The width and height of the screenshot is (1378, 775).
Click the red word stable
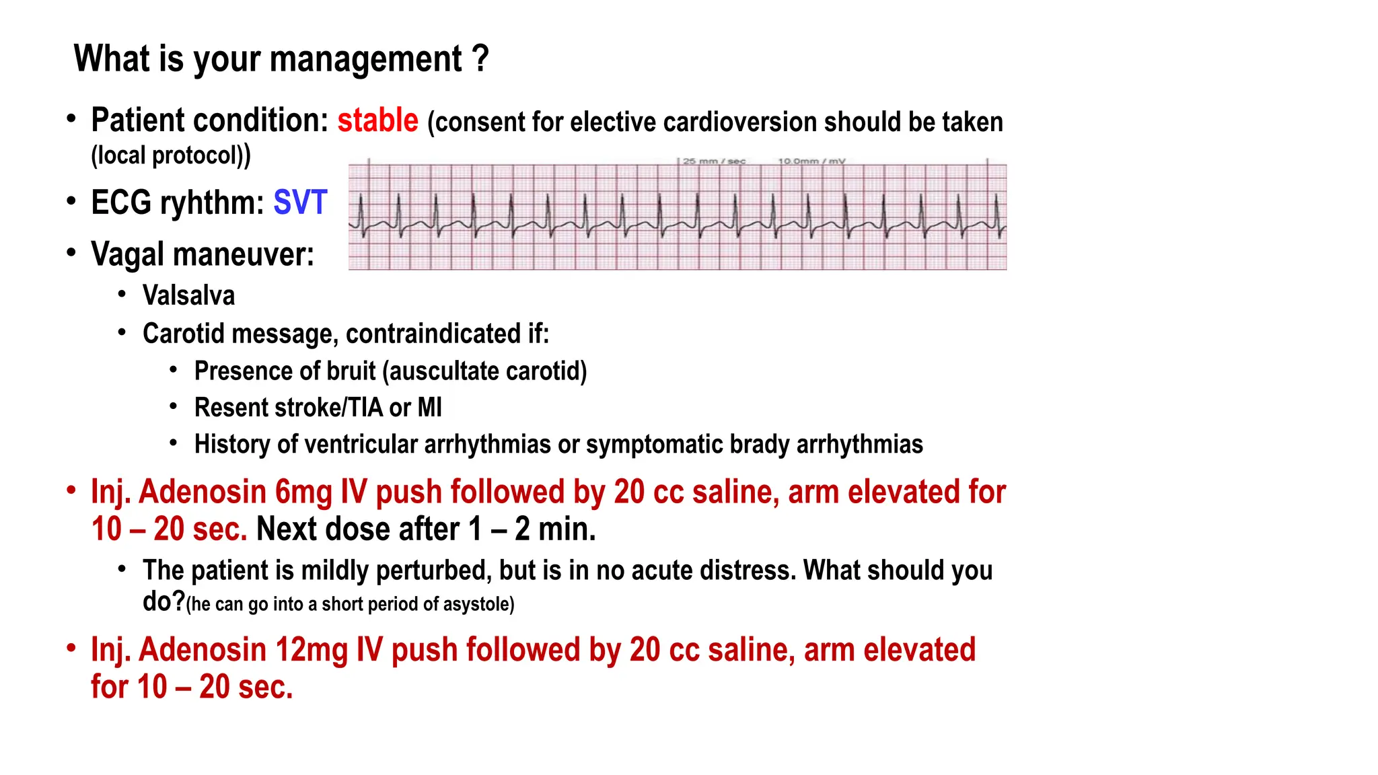[x=377, y=121]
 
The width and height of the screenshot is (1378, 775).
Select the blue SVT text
[x=300, y=202]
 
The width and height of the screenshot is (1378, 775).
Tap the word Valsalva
[x=188, y=296]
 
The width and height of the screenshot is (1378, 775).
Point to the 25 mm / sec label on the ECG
[x=714, y=161]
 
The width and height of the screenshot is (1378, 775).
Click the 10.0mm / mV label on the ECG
[x=811, y=161]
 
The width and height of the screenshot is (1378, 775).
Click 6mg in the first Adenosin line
[x=303, y=492]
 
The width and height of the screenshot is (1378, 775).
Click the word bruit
[x=351, y=371]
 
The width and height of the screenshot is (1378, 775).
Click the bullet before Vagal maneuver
[x=71, y=254]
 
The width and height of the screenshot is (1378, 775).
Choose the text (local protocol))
[x=171, y=155]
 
